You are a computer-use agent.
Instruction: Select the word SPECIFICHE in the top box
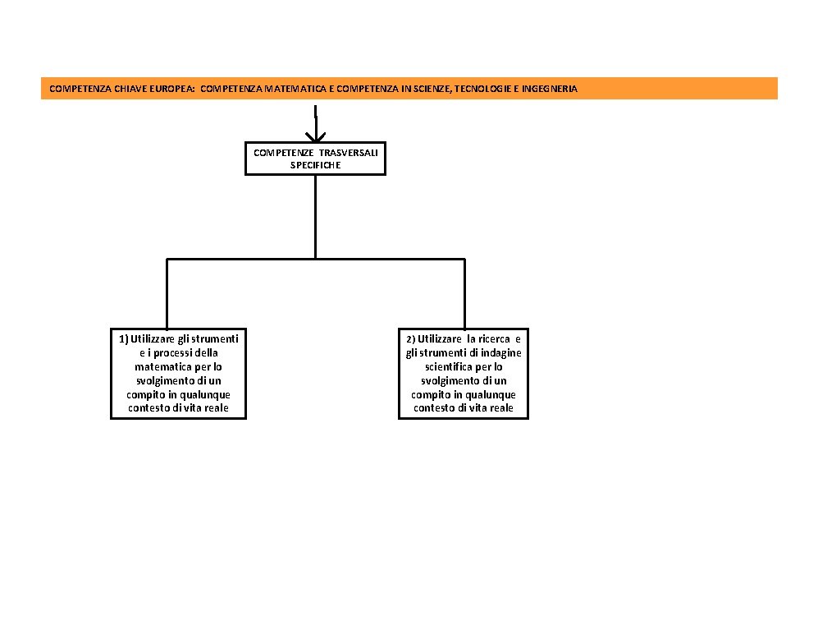[315, 165]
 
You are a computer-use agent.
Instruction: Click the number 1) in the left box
[124, 339]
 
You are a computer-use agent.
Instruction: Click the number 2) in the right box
[410, 339]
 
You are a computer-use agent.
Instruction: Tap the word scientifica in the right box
[450, 367]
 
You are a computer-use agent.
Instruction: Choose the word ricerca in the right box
[494, 339]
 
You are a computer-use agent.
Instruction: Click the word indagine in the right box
[503, 353]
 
